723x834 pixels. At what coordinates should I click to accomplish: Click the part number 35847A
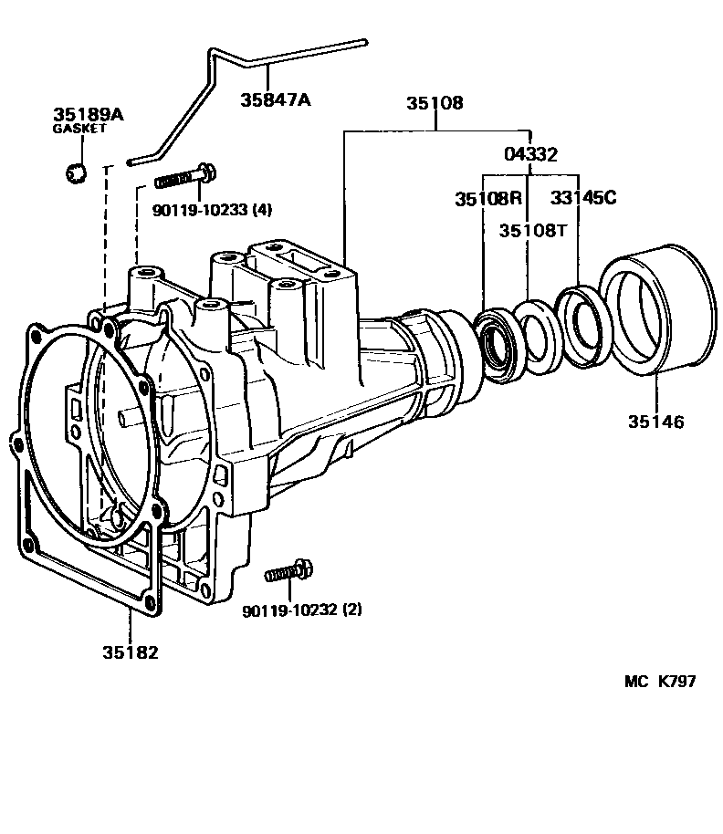point(275,99)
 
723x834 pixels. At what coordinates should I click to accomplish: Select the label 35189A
point(89,114)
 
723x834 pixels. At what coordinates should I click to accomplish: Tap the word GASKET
point(79,128)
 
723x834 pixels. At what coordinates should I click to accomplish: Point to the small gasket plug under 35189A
point(76,172)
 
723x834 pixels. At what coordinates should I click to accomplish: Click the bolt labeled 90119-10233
point(185,177)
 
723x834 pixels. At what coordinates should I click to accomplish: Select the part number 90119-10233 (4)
point(213,210)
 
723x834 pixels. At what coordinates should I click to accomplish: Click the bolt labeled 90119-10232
point(289,571)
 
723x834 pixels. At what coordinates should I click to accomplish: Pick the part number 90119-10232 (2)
point(302,610)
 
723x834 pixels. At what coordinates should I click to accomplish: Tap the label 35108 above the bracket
point(435,103)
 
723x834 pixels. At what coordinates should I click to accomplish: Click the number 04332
point(530,154)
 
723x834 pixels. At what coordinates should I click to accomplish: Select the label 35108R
point(488,199)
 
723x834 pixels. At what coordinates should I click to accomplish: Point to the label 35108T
point(533,230)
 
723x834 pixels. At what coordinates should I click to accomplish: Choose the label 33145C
point(583,198)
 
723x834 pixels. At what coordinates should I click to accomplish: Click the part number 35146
point(656,422)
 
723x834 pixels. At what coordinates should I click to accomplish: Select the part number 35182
point(131,652)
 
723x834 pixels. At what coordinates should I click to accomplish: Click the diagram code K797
point(676,681)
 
